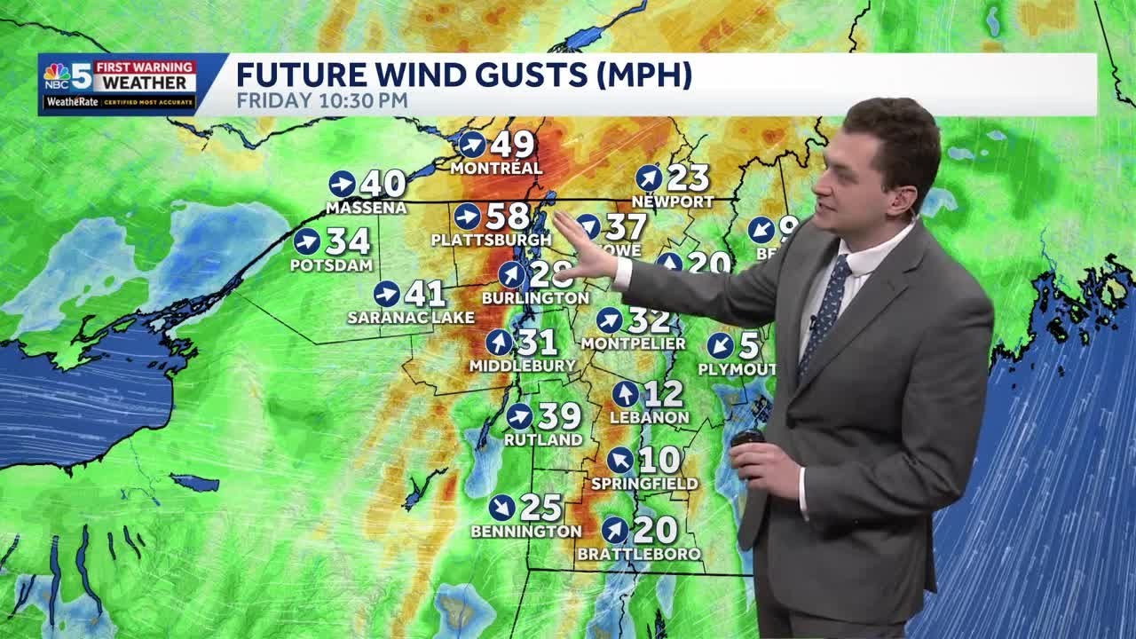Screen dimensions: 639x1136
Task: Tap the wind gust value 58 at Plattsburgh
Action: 507,217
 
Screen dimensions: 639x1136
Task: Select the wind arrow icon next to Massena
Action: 342,184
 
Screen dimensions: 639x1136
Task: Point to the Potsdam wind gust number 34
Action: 348,241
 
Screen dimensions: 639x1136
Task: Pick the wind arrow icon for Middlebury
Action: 500,342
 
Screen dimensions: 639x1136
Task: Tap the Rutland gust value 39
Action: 560,416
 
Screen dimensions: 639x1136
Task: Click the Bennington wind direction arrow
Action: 501,508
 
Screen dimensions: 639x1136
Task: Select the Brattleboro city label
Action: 639,554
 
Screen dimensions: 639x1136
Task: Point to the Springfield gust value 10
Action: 659,460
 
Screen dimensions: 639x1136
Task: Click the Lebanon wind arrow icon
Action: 626,394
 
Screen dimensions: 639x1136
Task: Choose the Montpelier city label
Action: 634,343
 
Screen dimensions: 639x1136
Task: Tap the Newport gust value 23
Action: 688,177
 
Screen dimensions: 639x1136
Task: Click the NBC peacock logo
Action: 57,74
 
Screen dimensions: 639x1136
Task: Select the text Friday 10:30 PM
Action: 322,100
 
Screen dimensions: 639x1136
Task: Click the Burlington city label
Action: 535,298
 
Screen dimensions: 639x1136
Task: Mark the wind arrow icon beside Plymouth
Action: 721,345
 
